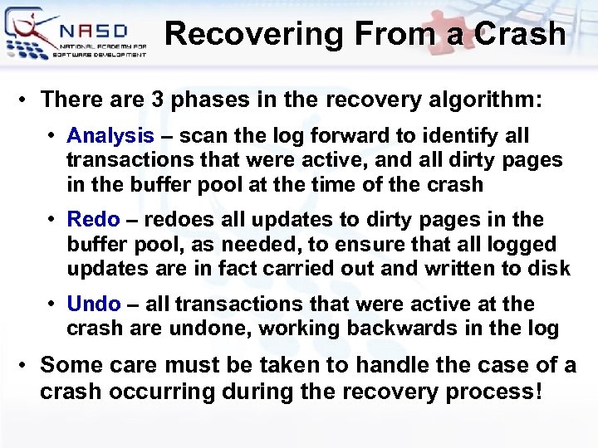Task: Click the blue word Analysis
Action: pyautogui.click(x=110, y=136)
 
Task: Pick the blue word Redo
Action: pyautogui.click(x=94, y=220)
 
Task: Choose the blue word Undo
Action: pyautogui.click(x=94, y=304)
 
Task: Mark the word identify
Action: pyautogui.click(x=459, y=136)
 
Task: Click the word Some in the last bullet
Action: pyautogui.click(x=70, y=365)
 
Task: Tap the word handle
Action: pyautogui.click(x=381, y=365)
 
